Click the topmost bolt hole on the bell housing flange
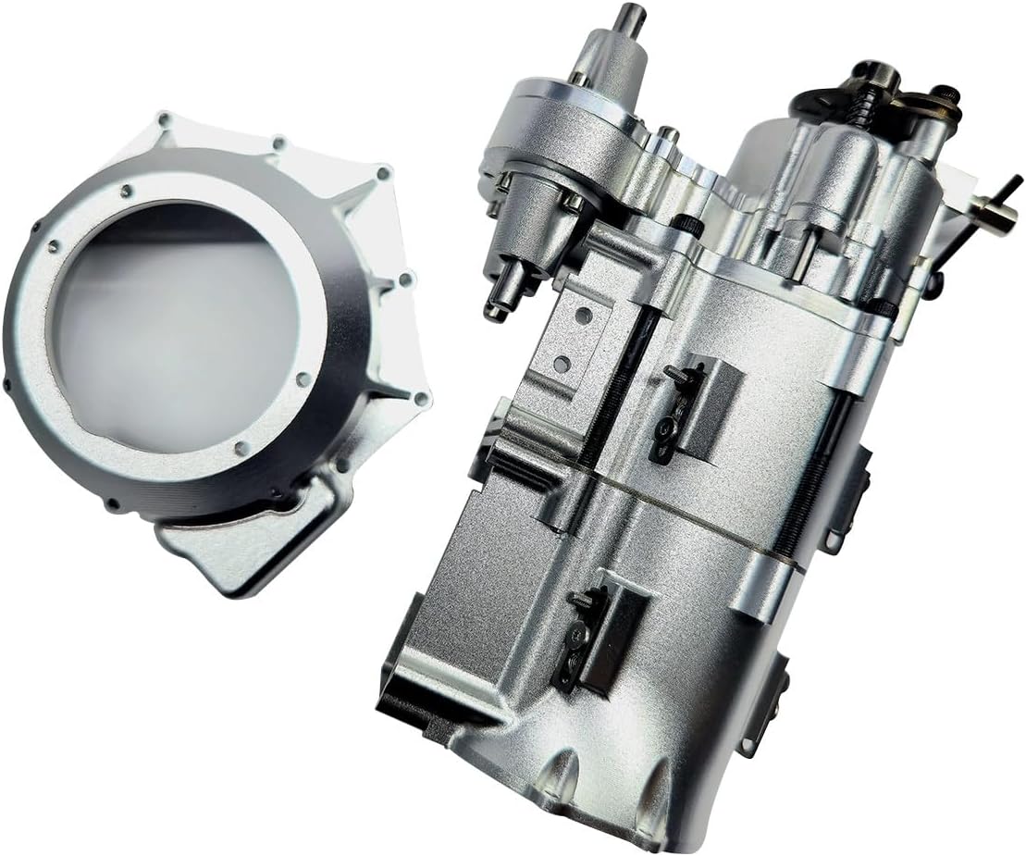coord(164,119)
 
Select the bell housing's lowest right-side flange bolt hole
coord(422,399)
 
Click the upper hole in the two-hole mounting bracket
coord(584,316)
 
